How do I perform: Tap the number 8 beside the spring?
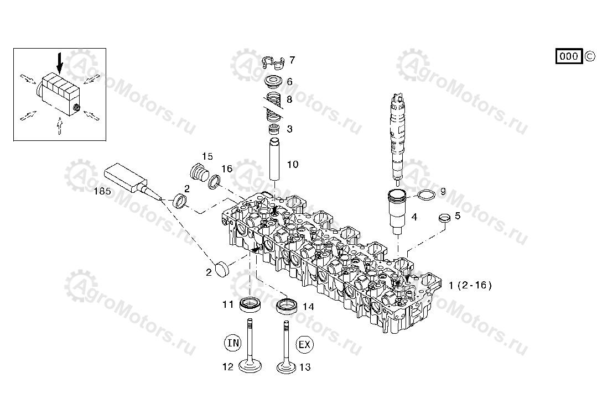click(x=289, y=100)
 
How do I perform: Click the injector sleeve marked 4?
click(x=398, y=211)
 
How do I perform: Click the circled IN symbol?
click(x=233, y=343)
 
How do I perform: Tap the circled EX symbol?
click(x=304, y=345)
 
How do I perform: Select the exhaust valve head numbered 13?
click(x=287, y=367)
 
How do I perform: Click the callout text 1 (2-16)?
click(x=470, y=285)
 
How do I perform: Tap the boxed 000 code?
click(x=568, y=56)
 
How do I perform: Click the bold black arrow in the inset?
click(x=60, y=65)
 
